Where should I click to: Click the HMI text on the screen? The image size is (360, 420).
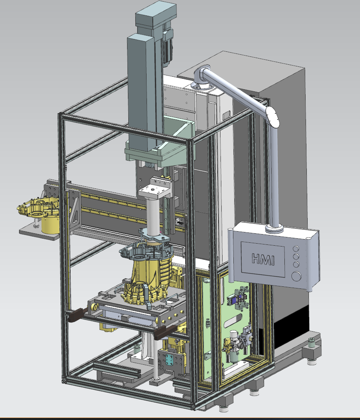263,259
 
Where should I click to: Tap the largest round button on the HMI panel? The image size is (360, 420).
296,276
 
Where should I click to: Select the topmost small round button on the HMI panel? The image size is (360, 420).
296,248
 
